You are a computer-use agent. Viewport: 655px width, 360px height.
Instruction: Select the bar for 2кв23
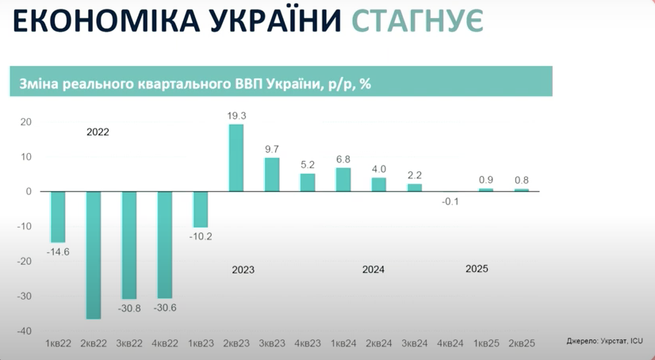pyautogui.click(x=236, y=158)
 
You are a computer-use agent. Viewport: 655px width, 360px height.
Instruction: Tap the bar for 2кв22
pyautogui.click(x=94, y=255)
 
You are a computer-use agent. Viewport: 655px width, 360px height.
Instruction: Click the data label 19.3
pyautogui.click(x=236, y=116)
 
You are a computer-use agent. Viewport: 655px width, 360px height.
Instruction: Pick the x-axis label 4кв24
pyautogui.click(x=450, y=343)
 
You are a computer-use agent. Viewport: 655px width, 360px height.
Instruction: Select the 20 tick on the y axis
pyautogui.click(x=25, y=122)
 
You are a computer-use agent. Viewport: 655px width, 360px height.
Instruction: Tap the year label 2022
pyautogui.click(x=98, y=132)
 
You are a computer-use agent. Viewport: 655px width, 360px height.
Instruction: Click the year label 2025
pyautogui.click(x=477, y=269)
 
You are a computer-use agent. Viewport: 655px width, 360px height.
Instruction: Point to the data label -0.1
pyautogui.click(x=450, y=201)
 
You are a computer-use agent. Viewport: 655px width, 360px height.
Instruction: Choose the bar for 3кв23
pyautogui.click(x=272, y=174)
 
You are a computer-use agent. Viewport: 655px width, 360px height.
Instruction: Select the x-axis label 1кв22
pyautogui.click(x=58, y=343)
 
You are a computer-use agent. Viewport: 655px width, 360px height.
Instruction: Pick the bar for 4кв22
pyautogui.click(x=165, y=244)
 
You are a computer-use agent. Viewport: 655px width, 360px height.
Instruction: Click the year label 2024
pyautogui.click(x=373, y=270)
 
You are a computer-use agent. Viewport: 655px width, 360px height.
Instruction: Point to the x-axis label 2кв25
pyautogui.click(x=521, y=343)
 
